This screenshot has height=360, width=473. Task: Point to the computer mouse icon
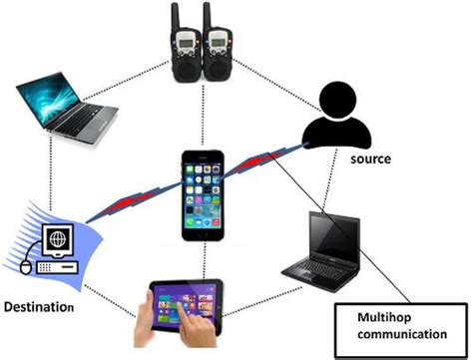pyautogui.click(x=29, y=267)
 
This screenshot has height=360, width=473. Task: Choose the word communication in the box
pyautogui.click(x=402, y=336)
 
